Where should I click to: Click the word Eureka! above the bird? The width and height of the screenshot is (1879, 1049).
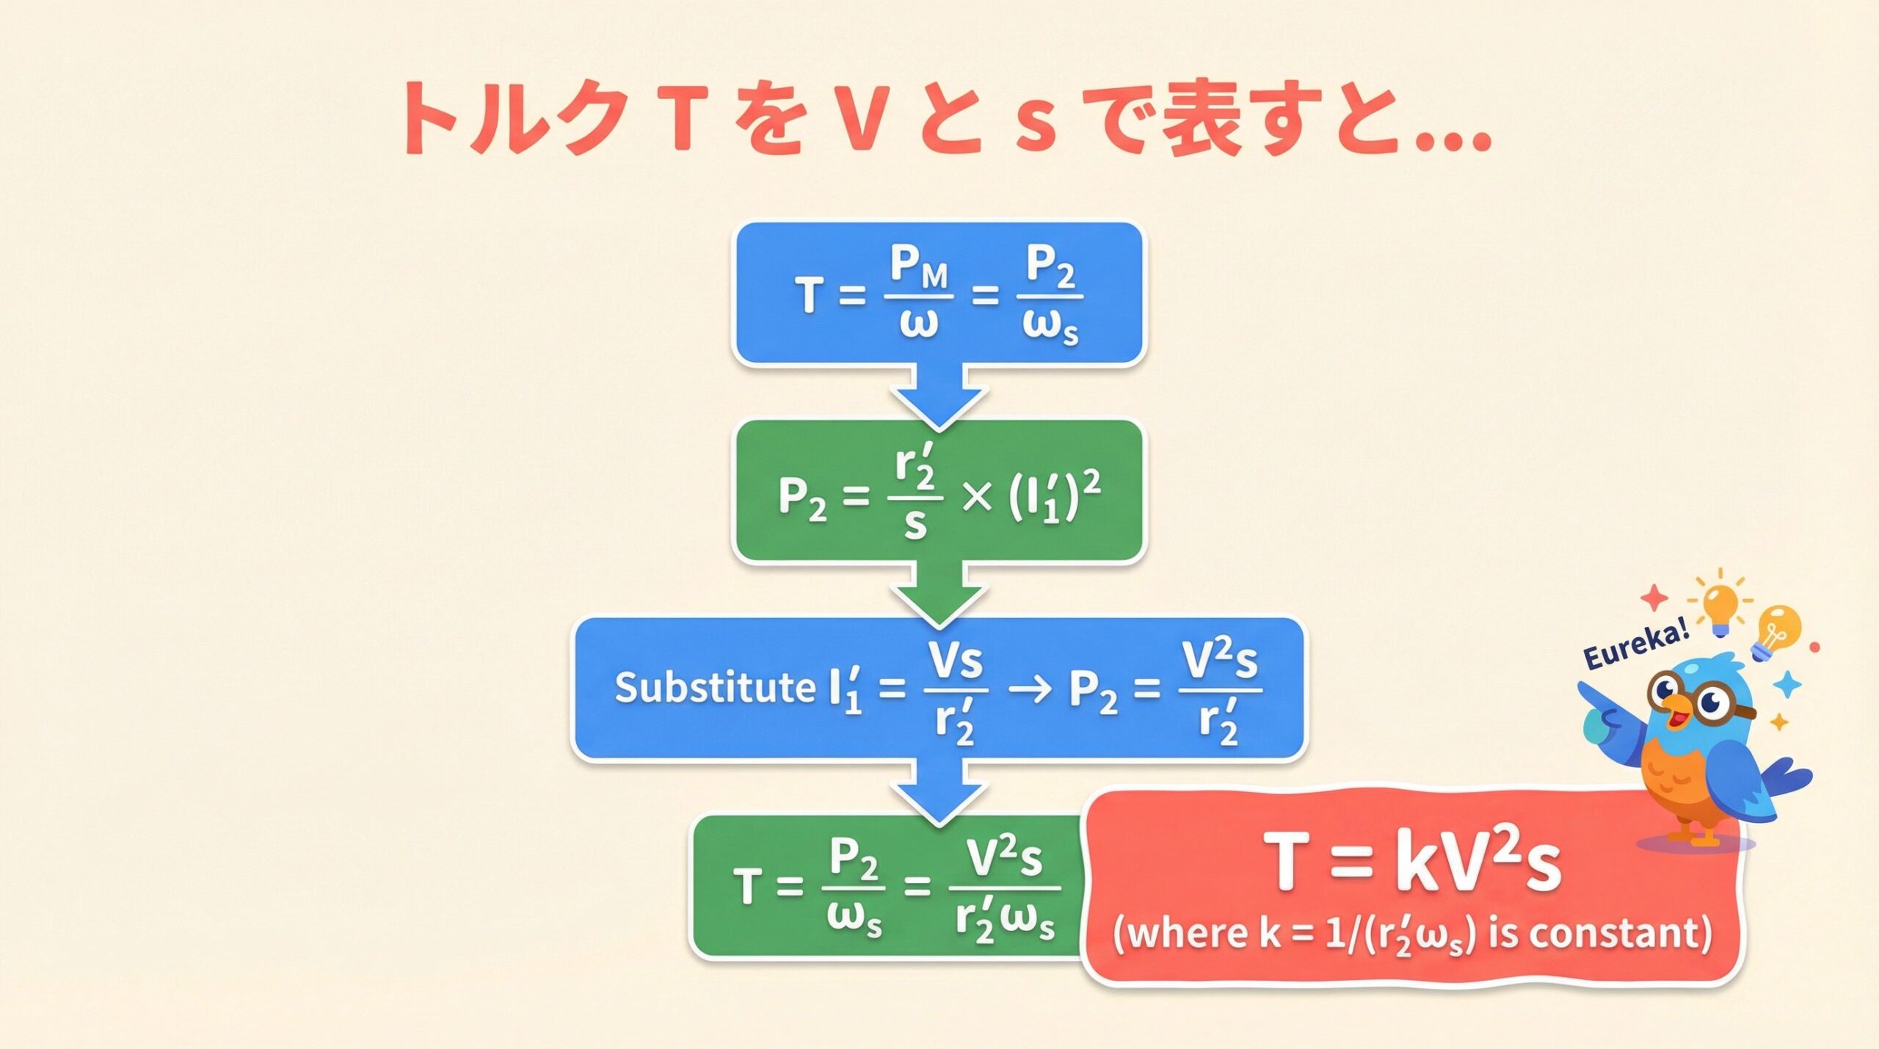click(x=1636, y=646)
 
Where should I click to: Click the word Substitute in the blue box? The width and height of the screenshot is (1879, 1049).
click(x=714, y=688)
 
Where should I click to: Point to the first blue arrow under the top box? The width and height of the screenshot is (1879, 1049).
click(x=939, y=396)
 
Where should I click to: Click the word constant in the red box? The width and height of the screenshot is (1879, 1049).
click(x=1621, y=934)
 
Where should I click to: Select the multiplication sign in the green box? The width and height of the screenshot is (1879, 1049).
click(x=976, y=498)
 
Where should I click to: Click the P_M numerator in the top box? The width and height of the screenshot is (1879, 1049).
click(x=918, y=266)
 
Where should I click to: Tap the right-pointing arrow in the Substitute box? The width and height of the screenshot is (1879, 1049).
click(x=1031, y=690)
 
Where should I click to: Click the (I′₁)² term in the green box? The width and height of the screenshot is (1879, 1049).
click(x=1054, y=498)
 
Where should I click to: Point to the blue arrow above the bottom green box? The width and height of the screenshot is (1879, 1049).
click(x=939, y=791)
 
